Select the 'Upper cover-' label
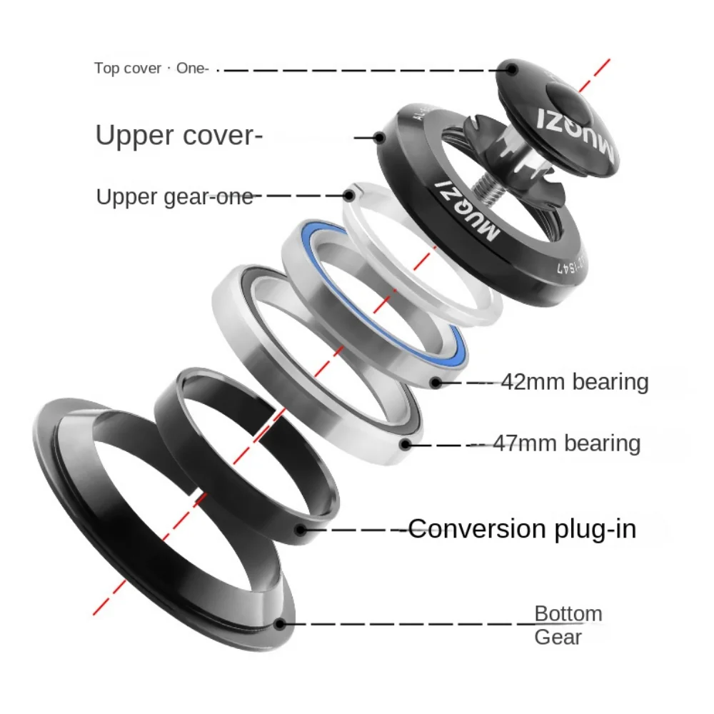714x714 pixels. click(175, 135)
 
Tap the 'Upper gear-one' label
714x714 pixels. click(175, 197)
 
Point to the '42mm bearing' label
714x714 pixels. click(574, 382)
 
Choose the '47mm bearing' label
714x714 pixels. click(566, 443)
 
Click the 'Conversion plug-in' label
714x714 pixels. click(522, 529)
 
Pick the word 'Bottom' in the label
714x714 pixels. click(568, 614)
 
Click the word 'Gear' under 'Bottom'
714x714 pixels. click(558, 637)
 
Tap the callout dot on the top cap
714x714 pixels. click(511, 69)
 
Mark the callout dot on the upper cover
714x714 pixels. click(380, 136)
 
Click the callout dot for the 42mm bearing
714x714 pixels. click(436, 383)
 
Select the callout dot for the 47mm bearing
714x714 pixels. click(406, 444)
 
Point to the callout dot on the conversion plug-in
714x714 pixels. click(301, 530)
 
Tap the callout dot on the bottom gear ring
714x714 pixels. click(280, 623)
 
